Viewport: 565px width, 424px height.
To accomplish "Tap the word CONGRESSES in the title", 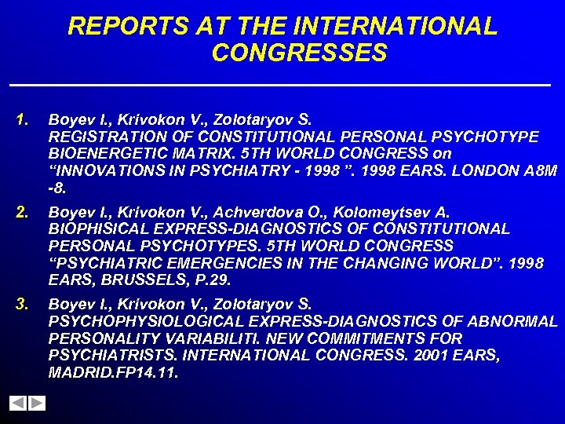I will click(x=299, y=53).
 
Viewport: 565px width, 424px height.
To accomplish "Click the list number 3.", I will click(x=21, y=303).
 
